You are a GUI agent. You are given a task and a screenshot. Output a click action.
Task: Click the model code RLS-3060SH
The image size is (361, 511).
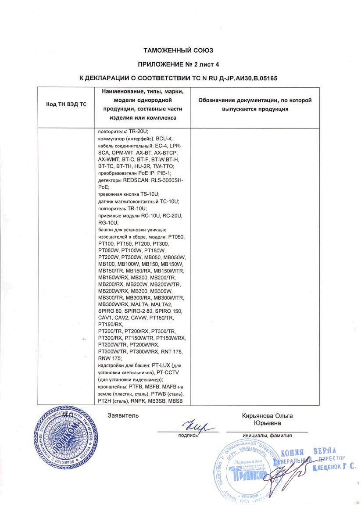(x=169, y=181)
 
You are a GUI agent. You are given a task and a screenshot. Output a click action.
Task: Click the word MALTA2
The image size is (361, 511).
(x=163, y=304)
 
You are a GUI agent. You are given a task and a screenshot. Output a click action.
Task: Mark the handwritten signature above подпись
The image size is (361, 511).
(x=196, y=426)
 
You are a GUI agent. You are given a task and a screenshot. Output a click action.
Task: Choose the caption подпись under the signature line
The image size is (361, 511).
(x=188, y=436)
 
